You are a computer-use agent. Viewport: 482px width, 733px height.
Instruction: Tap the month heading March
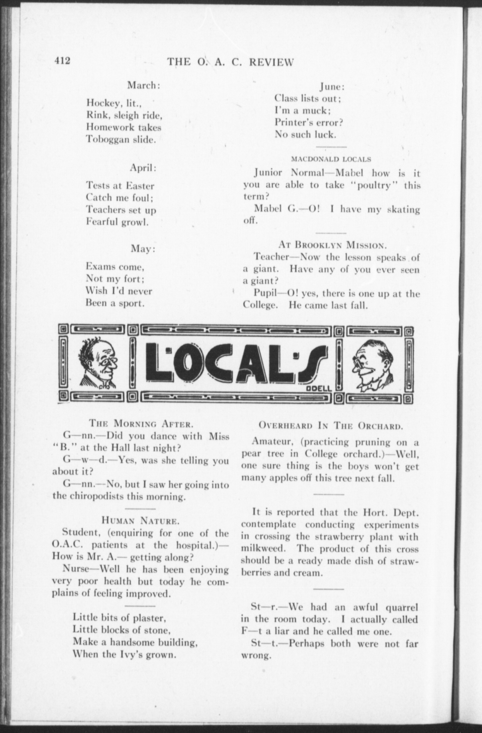point(143,85)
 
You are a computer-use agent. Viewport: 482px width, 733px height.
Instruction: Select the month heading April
point(143,168)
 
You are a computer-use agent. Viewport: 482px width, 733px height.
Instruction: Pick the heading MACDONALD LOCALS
point(331,159)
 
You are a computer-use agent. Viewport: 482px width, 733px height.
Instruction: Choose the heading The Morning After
point(141,424)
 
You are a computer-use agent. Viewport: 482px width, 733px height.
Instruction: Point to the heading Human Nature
point(139,521)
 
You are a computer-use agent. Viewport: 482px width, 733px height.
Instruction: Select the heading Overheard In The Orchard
point(330,426)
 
